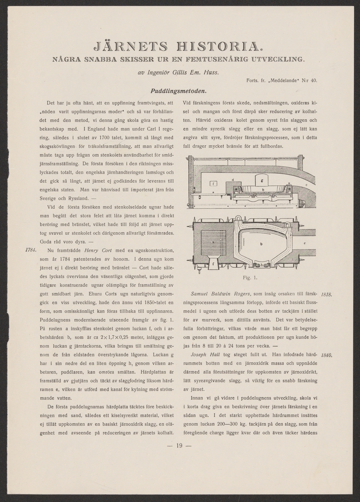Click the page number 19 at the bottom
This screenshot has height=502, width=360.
click(x=179, y=446)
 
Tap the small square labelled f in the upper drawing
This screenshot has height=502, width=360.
click(x=213, y=183)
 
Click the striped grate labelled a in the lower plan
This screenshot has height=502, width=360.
click(x=213, y=241)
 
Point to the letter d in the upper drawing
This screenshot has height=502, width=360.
click(x=232, y=180)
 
